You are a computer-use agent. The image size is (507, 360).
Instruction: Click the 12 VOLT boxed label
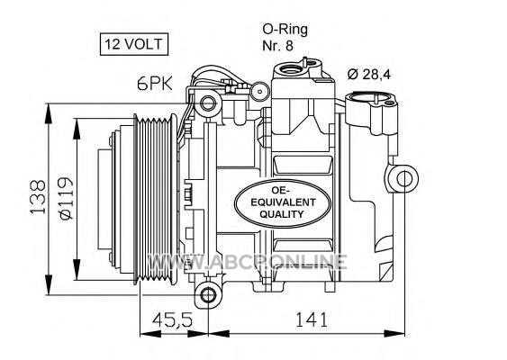pyautogui.click(x=134, y=44)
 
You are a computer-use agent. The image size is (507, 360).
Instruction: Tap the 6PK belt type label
pyautogui.click(x=155, y=84)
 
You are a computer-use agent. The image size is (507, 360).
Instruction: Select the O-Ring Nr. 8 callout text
pyautogui.click(x=285, y=37)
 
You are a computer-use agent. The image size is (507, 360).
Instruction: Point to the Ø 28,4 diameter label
pyautogui.click(x=369, y=75)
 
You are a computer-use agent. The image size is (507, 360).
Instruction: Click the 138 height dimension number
pyautogui.click(x=38, y=197)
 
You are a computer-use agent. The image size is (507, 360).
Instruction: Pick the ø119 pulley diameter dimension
pyautogui.click(x=67, y=198)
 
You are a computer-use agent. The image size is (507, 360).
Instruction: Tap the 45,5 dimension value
pyautogui.click(x=172, y=319)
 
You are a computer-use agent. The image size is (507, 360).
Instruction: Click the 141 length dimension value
pyautogui.click(x=312, y=319)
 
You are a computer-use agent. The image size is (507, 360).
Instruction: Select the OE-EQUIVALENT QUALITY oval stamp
pyautogui.click(x=282, y=202)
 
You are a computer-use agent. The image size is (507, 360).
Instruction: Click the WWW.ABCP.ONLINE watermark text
pyautogui.click(x=247, y=261)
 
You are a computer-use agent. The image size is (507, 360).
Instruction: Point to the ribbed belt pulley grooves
pyautogui.click(x=155, y=200)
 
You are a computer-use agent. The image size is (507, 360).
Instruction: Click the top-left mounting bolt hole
pyautogui.click(x=207, y=103)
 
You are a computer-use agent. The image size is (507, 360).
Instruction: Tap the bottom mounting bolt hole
pyautogui.click(x=207, y=294)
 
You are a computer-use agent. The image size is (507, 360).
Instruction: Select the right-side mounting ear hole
pyautogui.click(x=404, y=179)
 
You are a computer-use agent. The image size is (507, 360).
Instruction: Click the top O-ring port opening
pyautogui.click(x=290, y=68)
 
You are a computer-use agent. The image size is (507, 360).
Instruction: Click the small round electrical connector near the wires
pyautogui.click(x=260, y=91)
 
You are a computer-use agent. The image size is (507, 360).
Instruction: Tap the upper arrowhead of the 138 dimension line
pyautogui.click(x=48, y=113)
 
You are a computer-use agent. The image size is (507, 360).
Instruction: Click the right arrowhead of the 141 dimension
pyautogui.click(x=394, y=334)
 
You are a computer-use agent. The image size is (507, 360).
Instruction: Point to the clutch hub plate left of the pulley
pyautogui.click(x=114, y=200)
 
